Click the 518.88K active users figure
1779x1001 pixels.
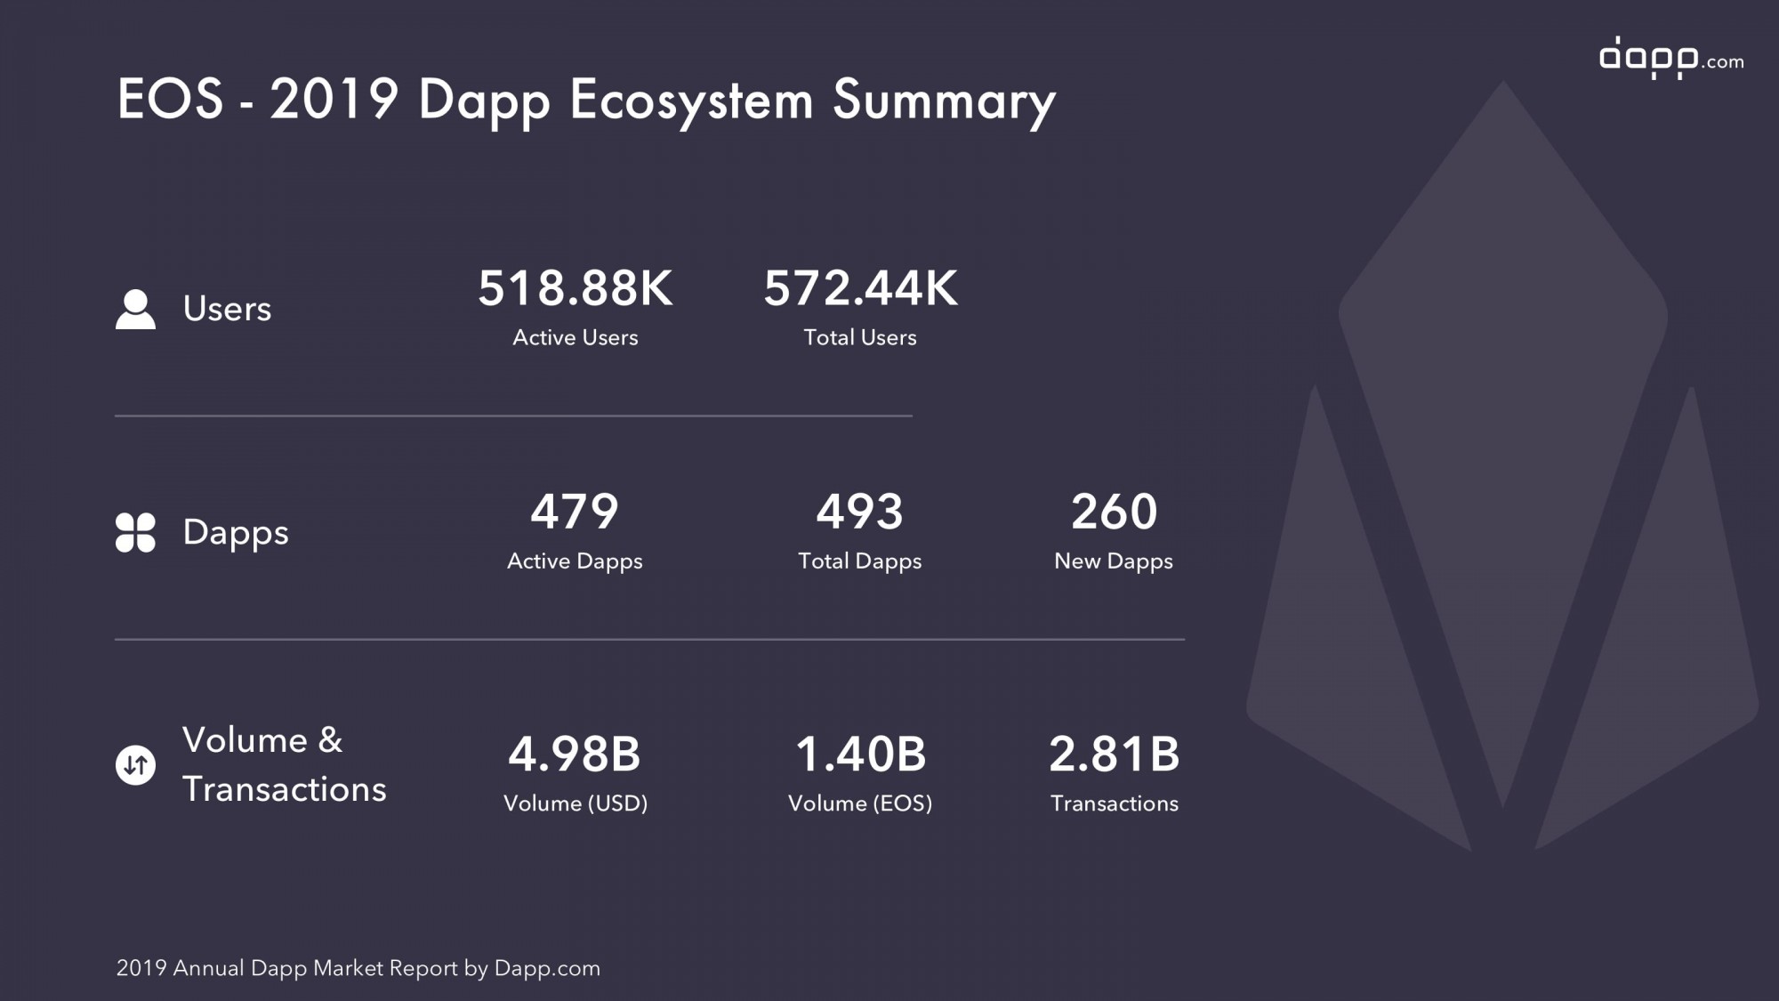[x=576, y=288]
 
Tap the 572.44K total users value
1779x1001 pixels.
[x=860, y=288]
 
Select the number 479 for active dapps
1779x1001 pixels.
[x=575, y=512]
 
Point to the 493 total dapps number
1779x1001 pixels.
[x=860, y=512]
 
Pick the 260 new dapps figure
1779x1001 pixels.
[x=1114, y=512]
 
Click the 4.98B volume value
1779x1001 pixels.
[x=575, y=755]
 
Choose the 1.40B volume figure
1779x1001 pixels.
[x=860, y=755]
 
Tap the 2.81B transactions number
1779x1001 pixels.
[x=1114, y=755]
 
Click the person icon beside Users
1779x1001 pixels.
[x=135, y=309]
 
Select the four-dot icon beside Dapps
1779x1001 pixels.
[x=135, y=532]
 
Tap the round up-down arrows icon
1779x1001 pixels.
[x=135, y=764]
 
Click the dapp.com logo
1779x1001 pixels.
[x=1671, y=58]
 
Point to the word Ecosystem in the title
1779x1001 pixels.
[x=691, y=101]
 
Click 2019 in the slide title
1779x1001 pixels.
[x=334, y=98]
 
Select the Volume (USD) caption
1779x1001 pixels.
[x=576, y=803]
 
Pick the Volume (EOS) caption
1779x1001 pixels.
[x=860, y=803]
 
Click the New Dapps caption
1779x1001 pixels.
[x=1114, y=561]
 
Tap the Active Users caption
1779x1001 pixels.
[x=576, y=337]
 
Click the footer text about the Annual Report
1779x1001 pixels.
[x=358, y=968]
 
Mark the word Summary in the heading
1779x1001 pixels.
[x=945, y=101]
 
